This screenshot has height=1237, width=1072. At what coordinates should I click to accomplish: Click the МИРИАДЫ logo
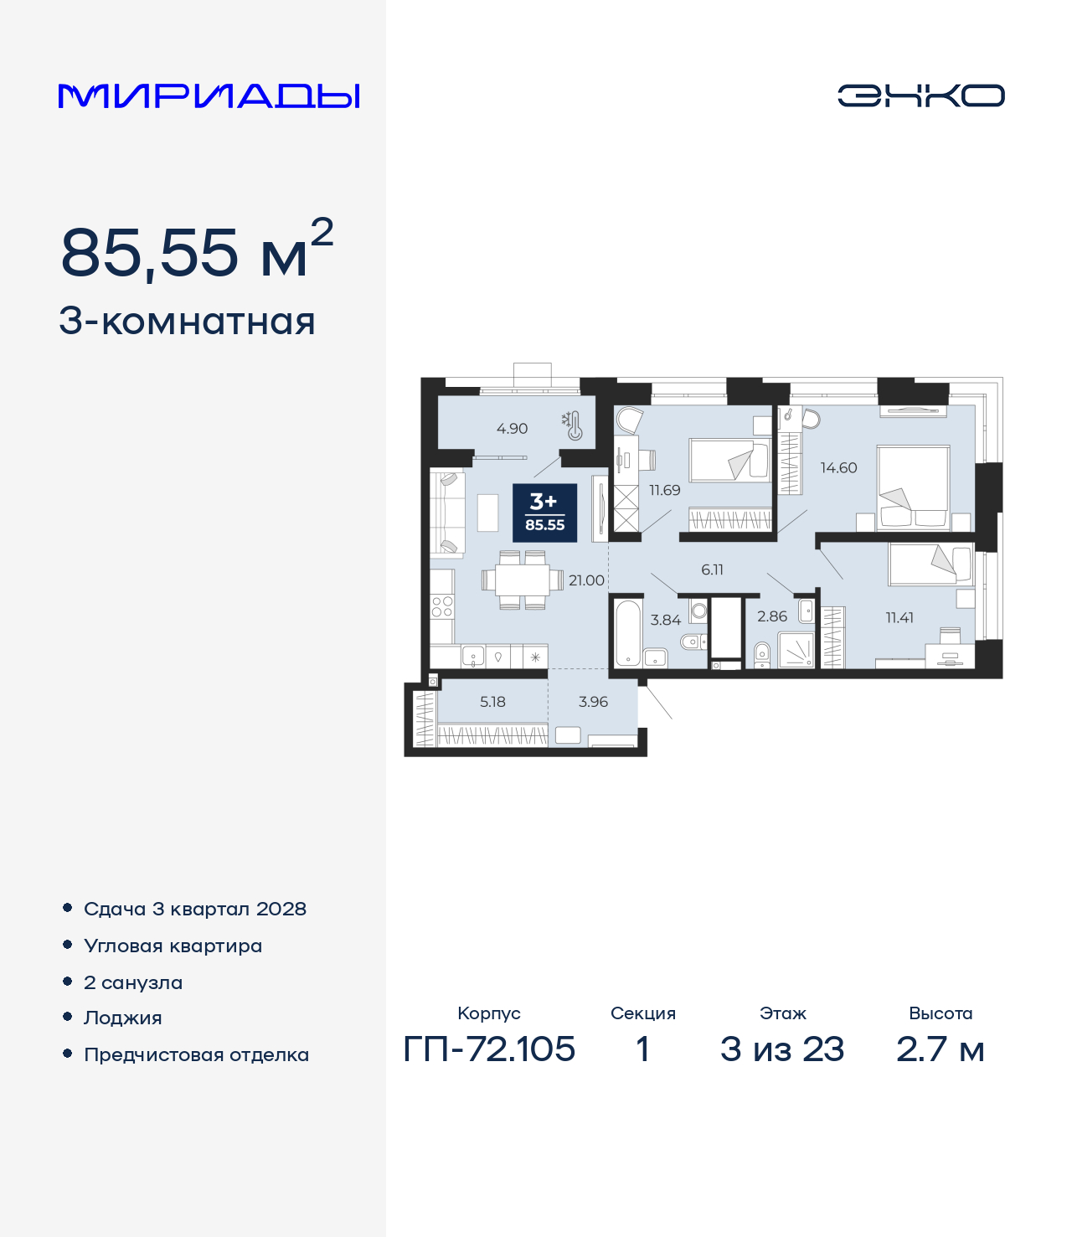coord(209,96)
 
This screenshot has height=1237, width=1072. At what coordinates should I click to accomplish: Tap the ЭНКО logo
coord(920,95)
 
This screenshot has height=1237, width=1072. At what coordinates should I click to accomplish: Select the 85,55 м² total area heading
coord(197,251)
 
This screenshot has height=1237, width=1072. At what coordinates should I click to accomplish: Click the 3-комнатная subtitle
coord(187,322)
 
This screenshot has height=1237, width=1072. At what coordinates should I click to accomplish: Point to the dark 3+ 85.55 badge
coord(544,513)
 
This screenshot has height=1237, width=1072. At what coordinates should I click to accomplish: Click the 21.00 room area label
coord(586,580)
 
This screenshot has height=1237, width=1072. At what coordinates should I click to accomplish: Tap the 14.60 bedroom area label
coord(838,468)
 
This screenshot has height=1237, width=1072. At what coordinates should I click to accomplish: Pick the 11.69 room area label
coord(665,491)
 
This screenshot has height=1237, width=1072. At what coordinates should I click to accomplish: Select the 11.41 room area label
coord(899,618)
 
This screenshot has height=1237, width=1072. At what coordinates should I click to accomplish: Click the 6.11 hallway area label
coord(712,570)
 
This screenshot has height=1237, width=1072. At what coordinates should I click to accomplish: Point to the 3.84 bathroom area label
coord(666,621)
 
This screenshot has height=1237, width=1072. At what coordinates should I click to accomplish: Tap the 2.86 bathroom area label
coord(772,616)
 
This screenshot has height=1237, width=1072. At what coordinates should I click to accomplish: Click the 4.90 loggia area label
coord(512,429)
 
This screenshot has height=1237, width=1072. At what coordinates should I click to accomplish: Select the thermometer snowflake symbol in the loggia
coord(572,425)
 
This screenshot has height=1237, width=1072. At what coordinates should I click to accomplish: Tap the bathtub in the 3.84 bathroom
coord(626,631)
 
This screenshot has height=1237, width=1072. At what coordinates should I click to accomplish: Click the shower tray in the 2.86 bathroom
coord(796,649)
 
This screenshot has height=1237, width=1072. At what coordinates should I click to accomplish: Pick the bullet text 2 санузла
coord(133,982)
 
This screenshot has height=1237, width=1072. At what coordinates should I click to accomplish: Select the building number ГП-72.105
coord(489,1049)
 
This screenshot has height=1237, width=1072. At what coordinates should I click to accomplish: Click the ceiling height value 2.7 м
coord(940,1049)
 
